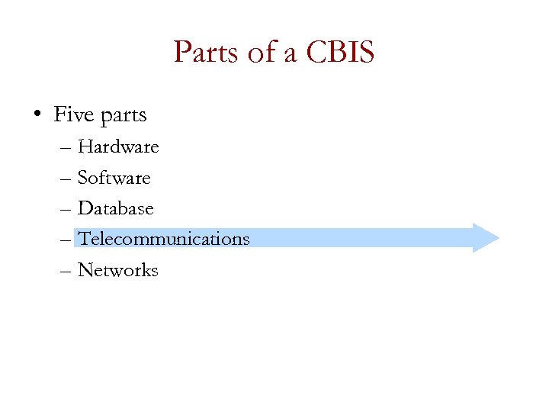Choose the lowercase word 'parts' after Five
[122, 117]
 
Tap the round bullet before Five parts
[37, 116]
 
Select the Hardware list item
[118, 146]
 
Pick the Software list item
[114, 178]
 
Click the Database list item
[116, 208]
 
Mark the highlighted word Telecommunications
[164, 239]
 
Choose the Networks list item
[118, 270]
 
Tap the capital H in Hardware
[85, 146]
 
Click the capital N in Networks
[85, 270]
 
